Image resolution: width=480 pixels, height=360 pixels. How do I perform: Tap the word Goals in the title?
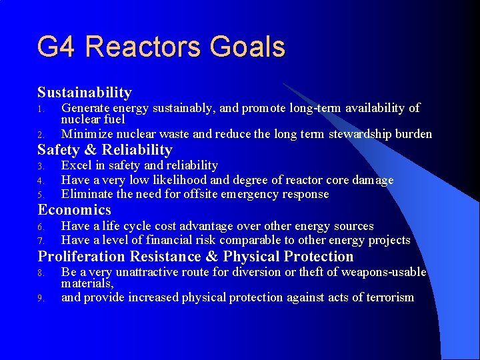click(x=247, y=47)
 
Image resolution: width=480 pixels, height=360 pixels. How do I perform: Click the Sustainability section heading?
click(x=85, y=93)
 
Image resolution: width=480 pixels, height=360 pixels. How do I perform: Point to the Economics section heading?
click(x=75, y=210)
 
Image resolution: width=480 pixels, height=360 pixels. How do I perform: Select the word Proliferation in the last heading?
click(x=81, y=257)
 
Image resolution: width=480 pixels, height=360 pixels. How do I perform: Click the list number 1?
click(x=40, y=109)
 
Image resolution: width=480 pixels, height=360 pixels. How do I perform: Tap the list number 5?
click(x=40, y=195)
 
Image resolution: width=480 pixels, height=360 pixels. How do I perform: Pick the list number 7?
click(x=40, y=241)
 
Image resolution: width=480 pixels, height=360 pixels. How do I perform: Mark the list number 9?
click(x=40, y=298)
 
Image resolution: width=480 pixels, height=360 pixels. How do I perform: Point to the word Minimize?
click(x=86, y=134)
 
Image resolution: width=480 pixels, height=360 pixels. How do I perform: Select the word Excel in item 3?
click(x=76, y=165)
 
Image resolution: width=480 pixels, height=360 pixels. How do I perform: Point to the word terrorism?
click(x=387, y=297)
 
